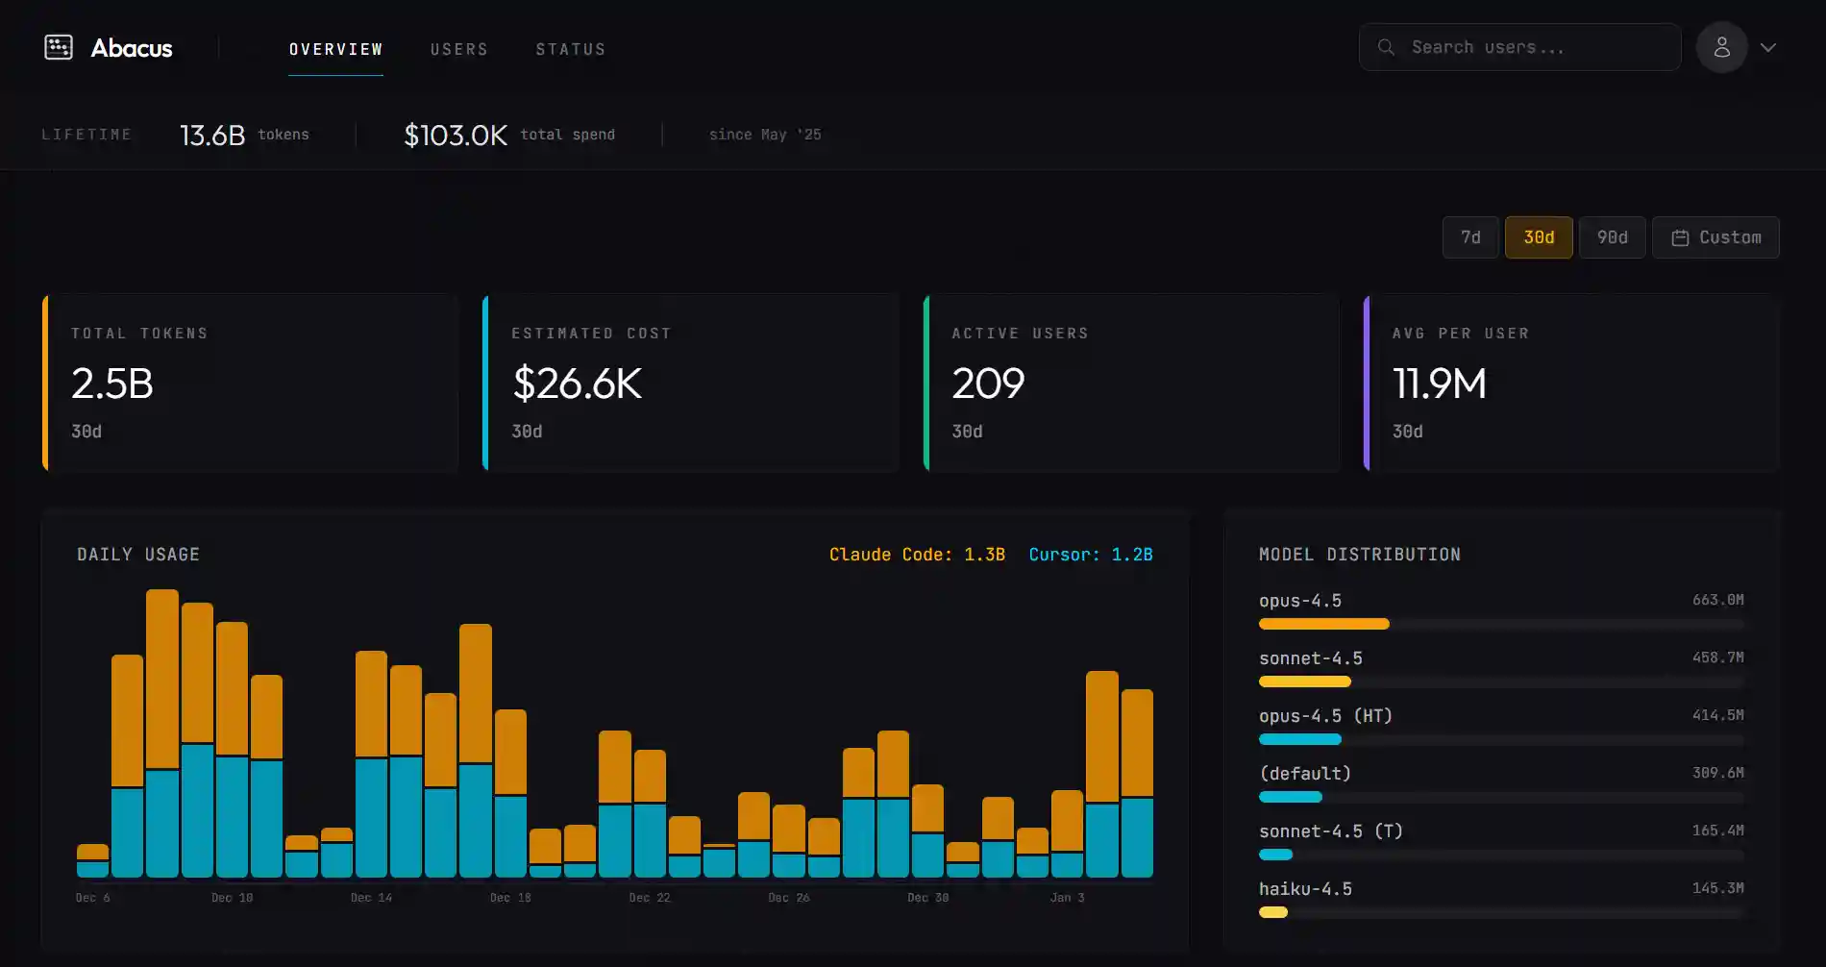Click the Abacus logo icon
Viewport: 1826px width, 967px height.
[x=59, y=47]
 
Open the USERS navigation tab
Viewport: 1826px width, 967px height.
[x=458, y=49]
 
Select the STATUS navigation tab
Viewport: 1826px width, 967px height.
[x=570, y=49]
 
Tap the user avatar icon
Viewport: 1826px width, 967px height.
[x=1721, y=47]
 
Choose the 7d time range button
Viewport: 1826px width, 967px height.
[x=1470, y=237]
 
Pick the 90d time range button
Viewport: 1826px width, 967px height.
[x=1612, y=237]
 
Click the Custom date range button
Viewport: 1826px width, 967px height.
[x=1715, y=237]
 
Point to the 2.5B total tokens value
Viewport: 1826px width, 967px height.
[x=112, y=384]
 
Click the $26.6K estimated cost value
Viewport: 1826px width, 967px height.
[x=577, y=384]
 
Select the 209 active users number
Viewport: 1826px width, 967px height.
[x=988, y=384]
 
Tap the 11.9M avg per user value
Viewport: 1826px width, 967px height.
[x=1439, y=384]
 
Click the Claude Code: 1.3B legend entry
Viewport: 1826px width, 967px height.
[x=917, y=555]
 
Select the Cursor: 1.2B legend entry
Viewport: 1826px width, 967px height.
[x=1090, y=555]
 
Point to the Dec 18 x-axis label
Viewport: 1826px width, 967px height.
[x=510, y=898]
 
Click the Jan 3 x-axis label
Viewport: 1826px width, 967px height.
[x=1067, y=898]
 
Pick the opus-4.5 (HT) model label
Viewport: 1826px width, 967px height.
[x=1325, y=716]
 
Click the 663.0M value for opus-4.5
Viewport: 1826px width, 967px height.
[x=1717, y=600]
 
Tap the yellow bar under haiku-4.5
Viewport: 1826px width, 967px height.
[x=1273, y=912]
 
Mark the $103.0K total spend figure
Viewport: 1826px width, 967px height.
[x=456, y=135]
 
